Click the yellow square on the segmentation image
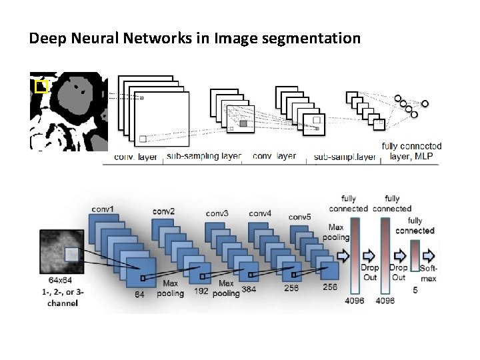click(x=41, y=86)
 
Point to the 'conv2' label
click(x=163, y=211)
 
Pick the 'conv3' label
click(x=217, y=213)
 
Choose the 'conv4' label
click(x=259, y=213)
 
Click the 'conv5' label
click(x=300, y=217)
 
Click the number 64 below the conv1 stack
click(x=140, y=293)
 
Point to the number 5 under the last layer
click(x=415, y=291)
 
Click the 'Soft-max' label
click(x=429, y=273)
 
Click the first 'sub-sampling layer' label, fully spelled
click(x=204, y=156)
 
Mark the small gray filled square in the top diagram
click(x=243, y=124)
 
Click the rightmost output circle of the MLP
click(x=425, y=103)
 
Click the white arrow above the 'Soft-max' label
click(x=428, y=255)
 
